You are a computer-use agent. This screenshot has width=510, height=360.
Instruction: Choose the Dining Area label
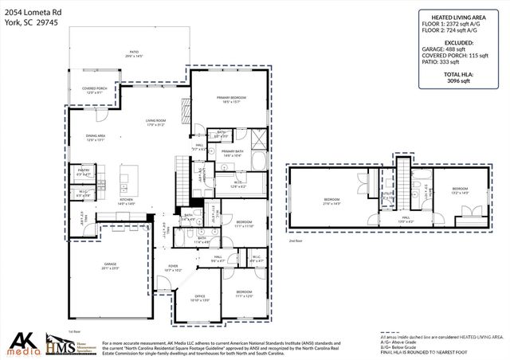(96, 138)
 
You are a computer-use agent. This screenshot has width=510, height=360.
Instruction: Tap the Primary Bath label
(232, 153)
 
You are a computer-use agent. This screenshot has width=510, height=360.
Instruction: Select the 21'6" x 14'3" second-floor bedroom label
(332, 200)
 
